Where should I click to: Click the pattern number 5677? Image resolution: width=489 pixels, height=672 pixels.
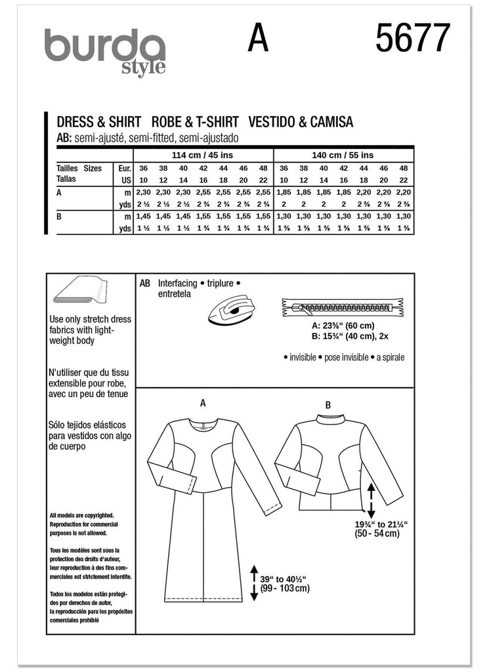point(414,39)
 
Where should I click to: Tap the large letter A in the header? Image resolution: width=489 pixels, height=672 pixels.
point(258,39)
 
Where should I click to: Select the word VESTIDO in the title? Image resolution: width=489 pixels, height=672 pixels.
point(274,121)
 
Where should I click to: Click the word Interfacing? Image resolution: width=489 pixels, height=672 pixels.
point(180,283)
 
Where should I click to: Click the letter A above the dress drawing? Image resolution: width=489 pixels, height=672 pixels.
point(203,403)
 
